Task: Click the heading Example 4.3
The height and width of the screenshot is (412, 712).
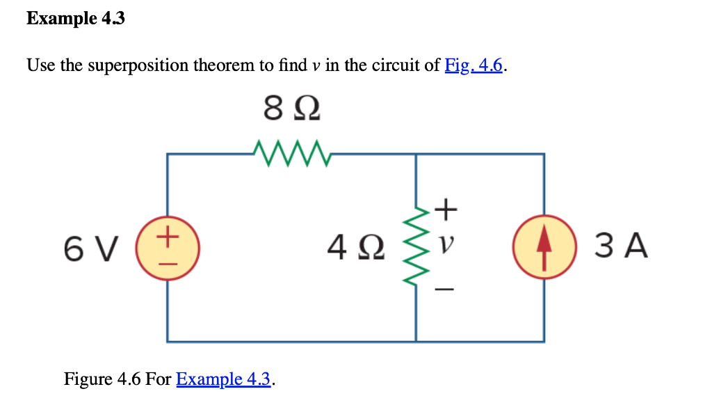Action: pos(76,19)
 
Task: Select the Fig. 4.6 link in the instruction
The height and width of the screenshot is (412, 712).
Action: pos(474,65)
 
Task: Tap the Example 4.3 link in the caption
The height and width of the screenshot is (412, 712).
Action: pos(223,379)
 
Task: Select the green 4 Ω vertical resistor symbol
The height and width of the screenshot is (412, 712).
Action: pos(416,246)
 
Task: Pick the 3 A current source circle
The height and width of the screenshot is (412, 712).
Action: pos(543,248)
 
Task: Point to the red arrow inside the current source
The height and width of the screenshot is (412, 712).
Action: pos(543,248)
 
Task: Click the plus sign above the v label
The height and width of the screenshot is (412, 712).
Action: pos(446,207)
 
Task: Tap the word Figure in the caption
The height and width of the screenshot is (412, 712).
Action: pos(84,379)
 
